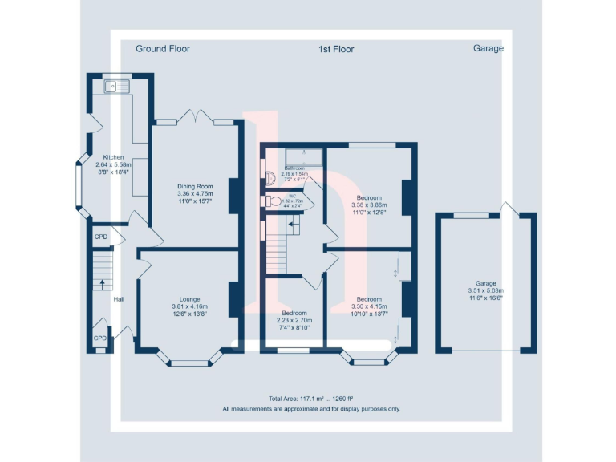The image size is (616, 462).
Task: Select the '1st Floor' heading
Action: click(x=336, y=49)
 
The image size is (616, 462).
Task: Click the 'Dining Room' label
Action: click(x=194, y=186)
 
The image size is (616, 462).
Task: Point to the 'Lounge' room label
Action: click(x=189, y=299)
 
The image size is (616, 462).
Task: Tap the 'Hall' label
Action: click(x=119, y=299)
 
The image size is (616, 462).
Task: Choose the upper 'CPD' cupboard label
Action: click(x=100, y=237)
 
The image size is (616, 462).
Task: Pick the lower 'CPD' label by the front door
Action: click(x=99, y=338)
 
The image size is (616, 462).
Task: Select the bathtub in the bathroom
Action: click(x=294, y=156)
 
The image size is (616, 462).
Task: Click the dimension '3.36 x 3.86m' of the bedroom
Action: click(x=369, y=205)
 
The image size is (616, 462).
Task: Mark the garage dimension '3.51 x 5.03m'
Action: click(x=485, y=290)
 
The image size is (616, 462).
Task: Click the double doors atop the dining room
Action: click(x=195, y=117)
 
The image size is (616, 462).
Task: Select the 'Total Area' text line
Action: click(x=311, y=399)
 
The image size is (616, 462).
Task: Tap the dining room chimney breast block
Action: click(x=234, y=195)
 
